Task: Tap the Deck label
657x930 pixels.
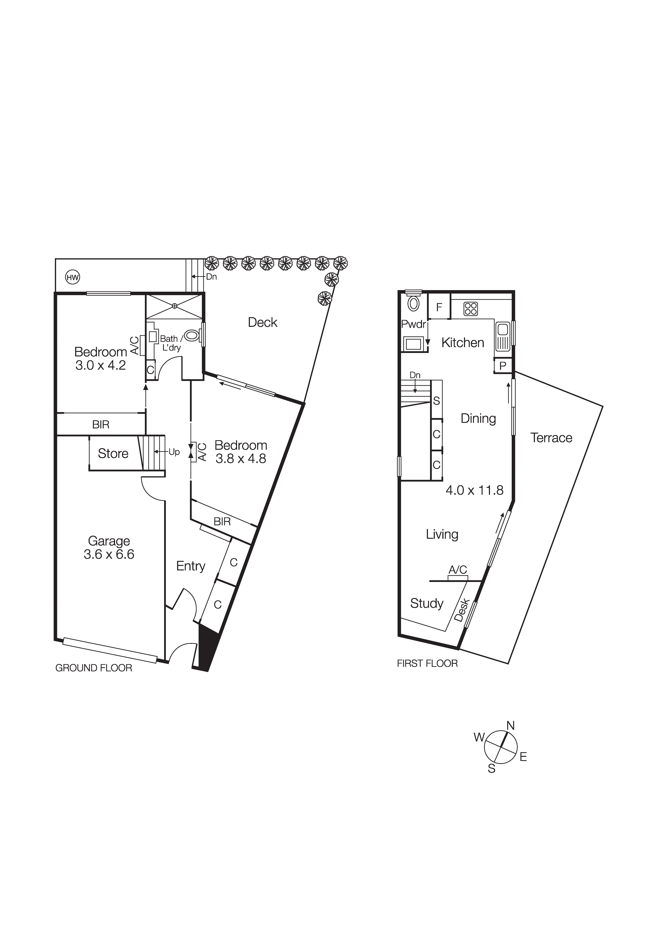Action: coord(262,322)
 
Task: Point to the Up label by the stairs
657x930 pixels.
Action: coord(174,452)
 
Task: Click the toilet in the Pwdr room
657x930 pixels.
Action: coord(413,303)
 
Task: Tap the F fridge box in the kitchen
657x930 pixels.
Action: coord(439,307)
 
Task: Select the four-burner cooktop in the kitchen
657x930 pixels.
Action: coord(471,309)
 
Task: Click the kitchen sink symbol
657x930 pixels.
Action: coord(502,336)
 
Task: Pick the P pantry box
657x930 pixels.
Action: coord(503,366)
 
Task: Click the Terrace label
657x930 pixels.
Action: coord(551,438)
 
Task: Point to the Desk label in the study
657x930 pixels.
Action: coord(462,610)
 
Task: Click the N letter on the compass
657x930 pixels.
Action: coord(510,726)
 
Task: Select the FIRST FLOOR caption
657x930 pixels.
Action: coord(427,663)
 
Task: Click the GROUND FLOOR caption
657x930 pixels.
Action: coord(94,668)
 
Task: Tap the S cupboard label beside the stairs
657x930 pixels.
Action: coord(436,401)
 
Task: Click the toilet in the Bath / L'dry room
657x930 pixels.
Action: coord(192,335)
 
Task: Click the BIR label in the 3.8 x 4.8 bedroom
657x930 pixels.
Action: coord(222,522)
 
